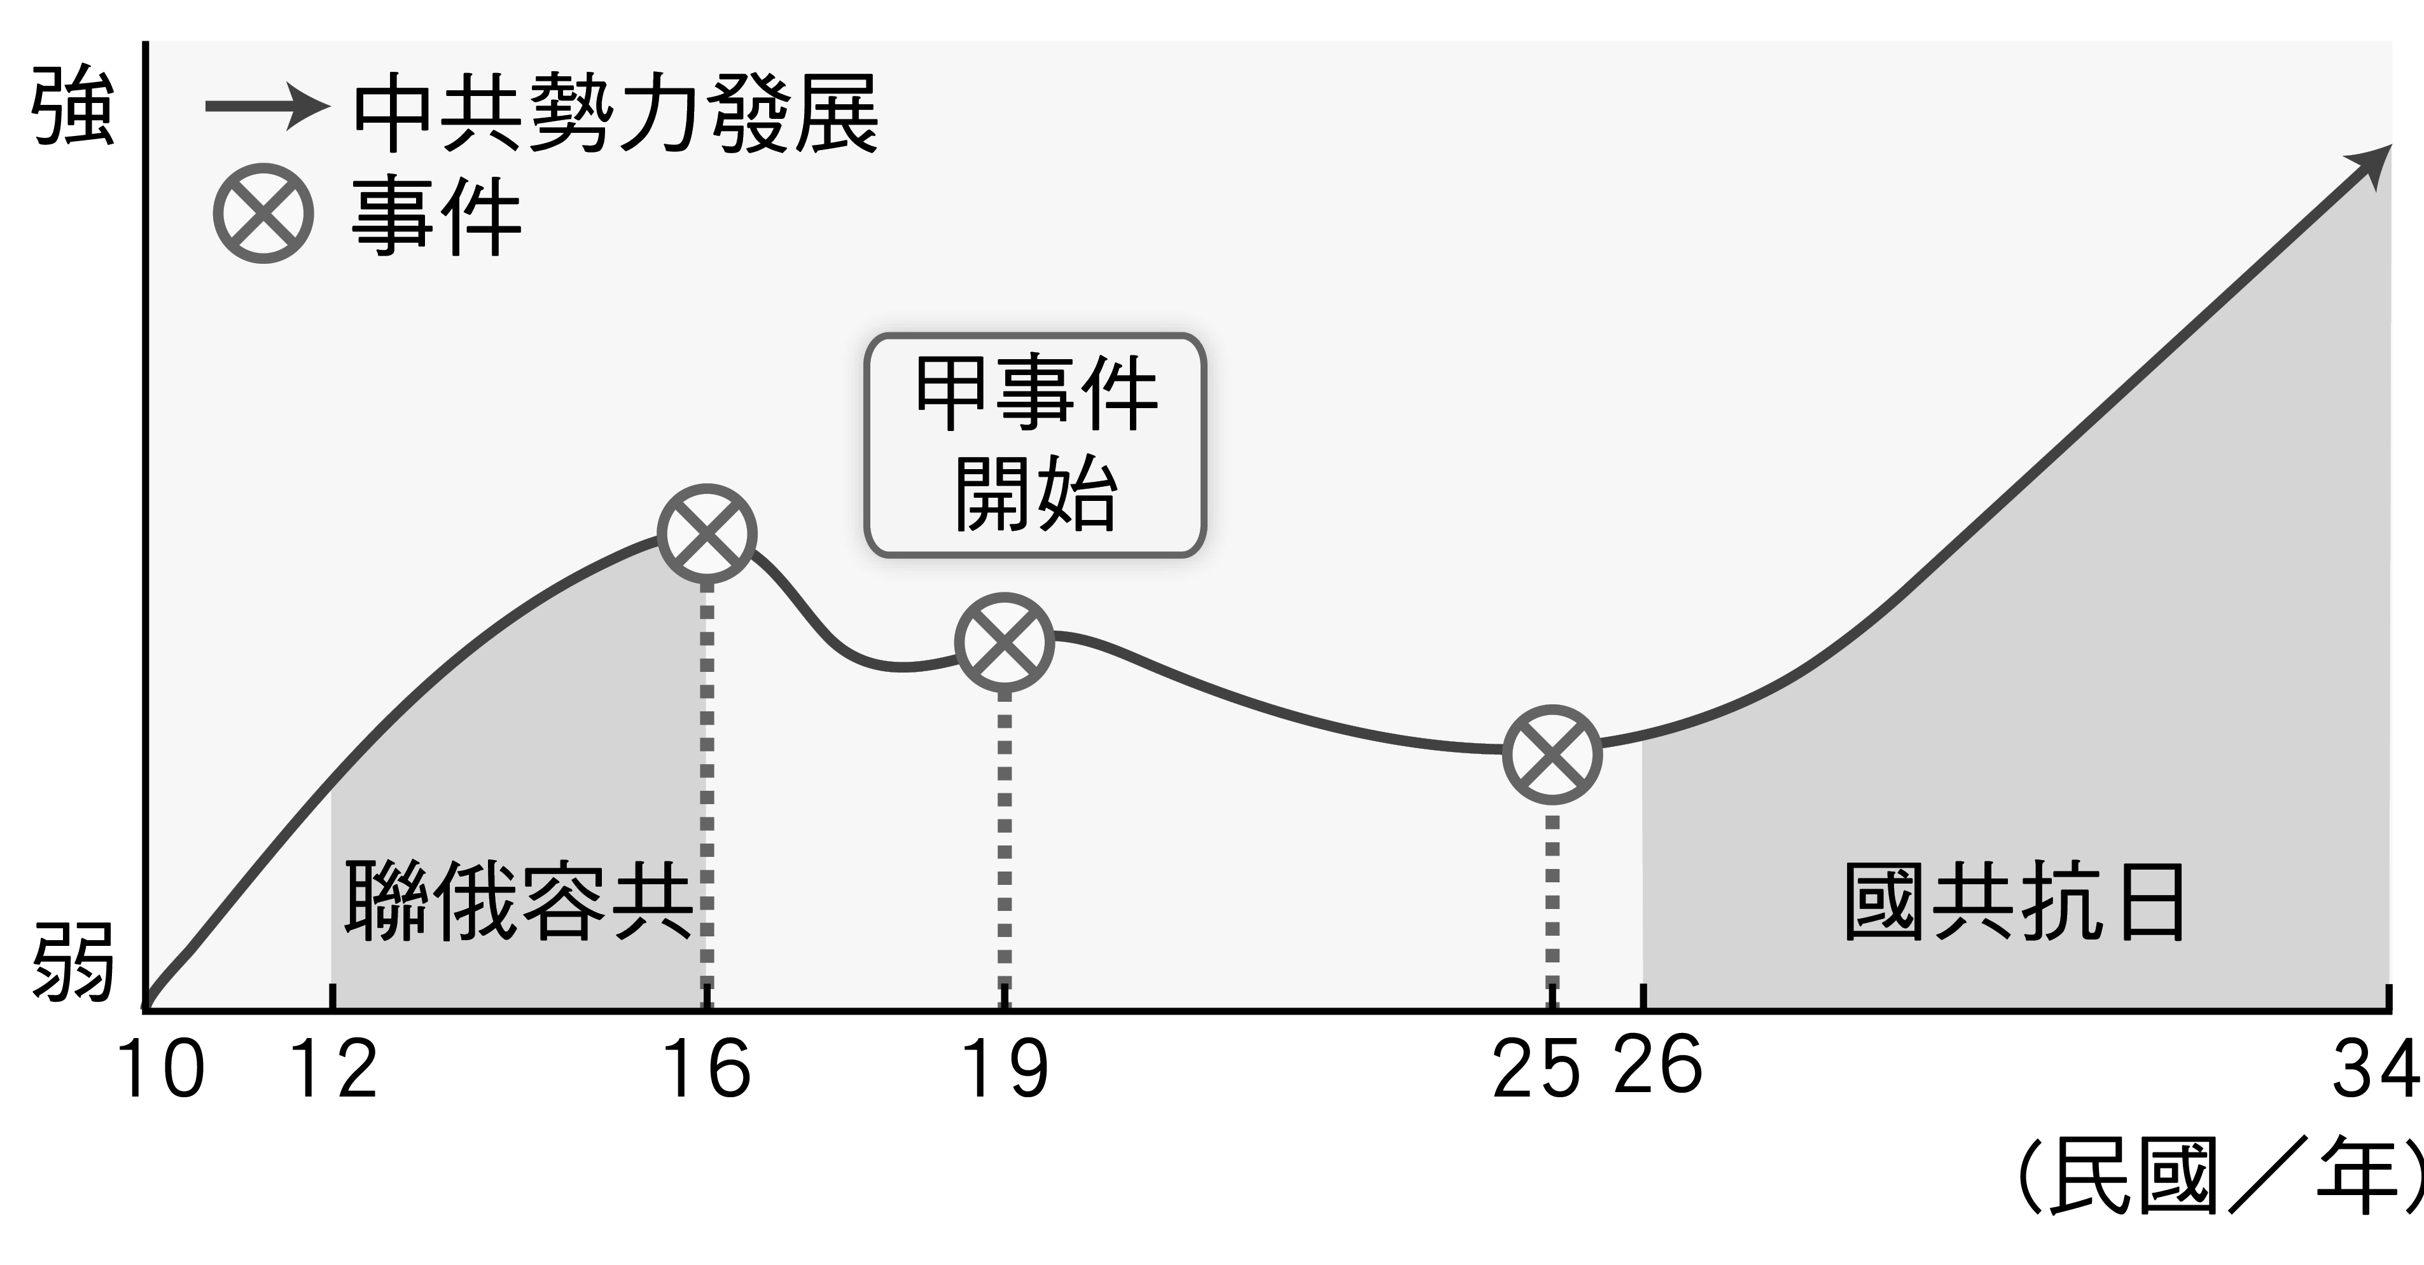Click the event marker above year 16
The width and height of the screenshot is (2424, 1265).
pyautogui.click(x=707, y=533)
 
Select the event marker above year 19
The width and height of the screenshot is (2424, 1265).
pyautogui.click(x=1004, y=643)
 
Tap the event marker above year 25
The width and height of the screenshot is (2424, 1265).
pyautogui.click(x=1552, y=755)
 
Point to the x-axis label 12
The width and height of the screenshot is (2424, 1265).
pyautogui.click(x=334, y=1069)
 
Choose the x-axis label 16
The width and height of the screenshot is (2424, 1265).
pyautogui.click(x=707, y=1069)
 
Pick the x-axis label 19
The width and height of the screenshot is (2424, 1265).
pyautogui.click(x=1004, y=1069)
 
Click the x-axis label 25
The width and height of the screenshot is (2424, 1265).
pyautogui.click(x=1536, y=1069)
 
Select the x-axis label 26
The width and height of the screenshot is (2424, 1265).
pyautogui.click(x=1658, y=1065)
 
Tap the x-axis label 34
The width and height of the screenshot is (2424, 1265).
pyautogui.click(x=2373, y=1069)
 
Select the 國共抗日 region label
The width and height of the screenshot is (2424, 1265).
pyautogui.click(x=2014, y=901)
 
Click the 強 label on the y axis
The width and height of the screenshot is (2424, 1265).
pyautogui.click(x=73, y=106)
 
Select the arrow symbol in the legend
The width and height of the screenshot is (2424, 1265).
pyautogui.click(x=267, y=106)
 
